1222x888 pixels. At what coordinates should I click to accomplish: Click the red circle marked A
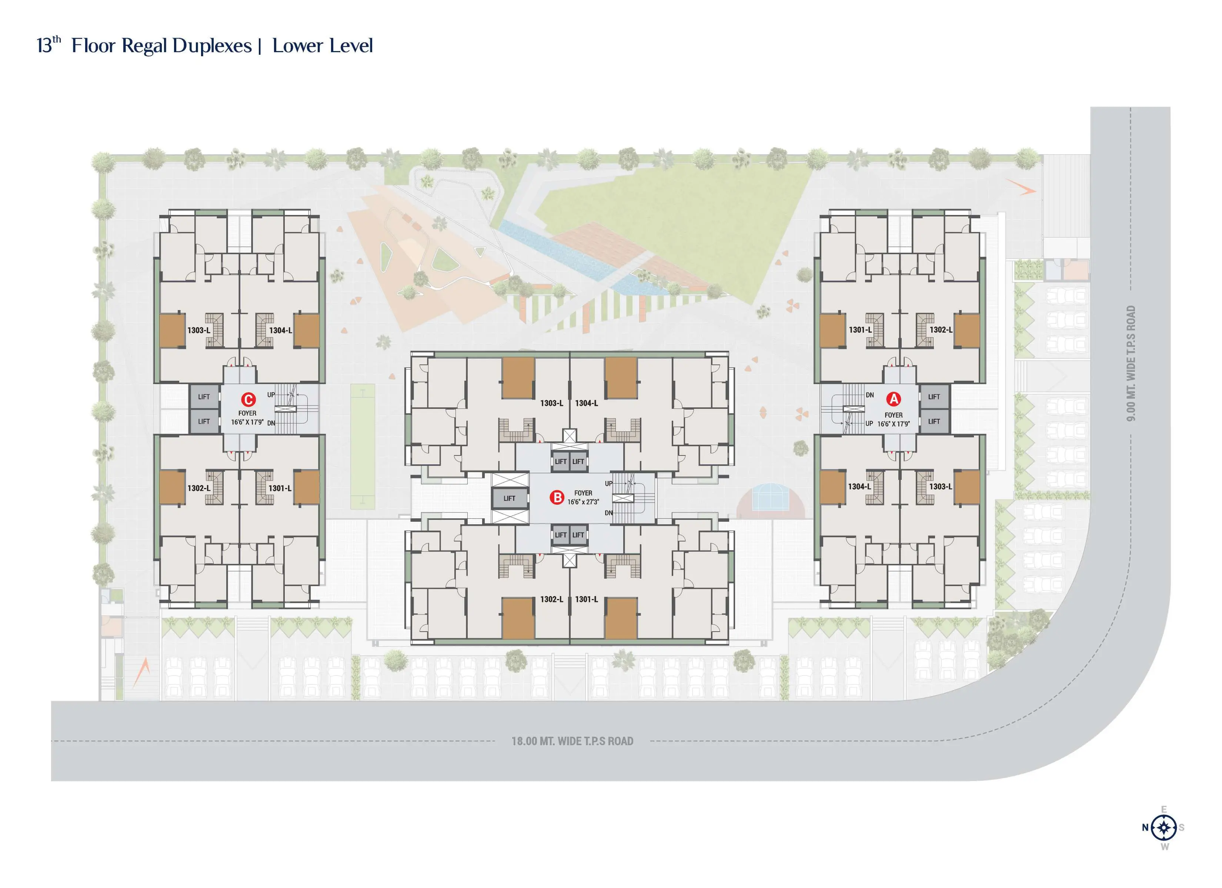(x=893, y=399)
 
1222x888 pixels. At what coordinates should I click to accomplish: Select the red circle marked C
(x=248, y=400)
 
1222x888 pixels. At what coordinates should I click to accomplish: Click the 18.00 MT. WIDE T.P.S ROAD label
(x=572, y=741)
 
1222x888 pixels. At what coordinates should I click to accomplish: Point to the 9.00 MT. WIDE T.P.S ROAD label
(x=1131, y=363)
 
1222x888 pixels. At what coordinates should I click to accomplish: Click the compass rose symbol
(x=1164, y=827)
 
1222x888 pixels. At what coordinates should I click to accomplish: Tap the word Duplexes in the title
(x=212, y=46)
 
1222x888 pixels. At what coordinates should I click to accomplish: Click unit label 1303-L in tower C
(x=199, y=330)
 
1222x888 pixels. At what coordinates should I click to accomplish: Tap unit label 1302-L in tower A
(x=941, y=330)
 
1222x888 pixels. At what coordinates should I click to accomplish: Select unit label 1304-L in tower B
(x=586, y=403)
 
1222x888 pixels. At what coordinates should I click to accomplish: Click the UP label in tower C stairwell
(x=271, y=395)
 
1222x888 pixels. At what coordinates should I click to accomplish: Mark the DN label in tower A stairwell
(x=869, y=395)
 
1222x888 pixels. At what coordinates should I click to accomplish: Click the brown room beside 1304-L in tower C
(x=307, y=330)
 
